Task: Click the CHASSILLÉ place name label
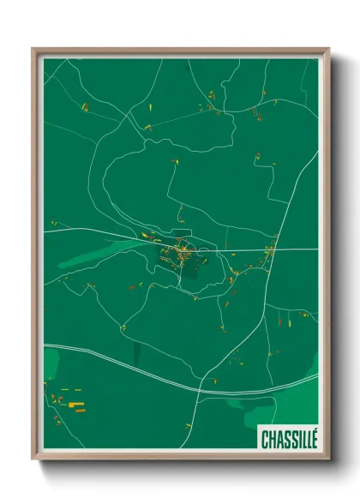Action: coord(288,438)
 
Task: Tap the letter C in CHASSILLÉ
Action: coord(264,438)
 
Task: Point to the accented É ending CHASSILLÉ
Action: coord(313,437)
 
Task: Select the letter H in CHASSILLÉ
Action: coord(270,438)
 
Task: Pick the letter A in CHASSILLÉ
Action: coord(277,438)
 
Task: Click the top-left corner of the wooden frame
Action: coord(35,51)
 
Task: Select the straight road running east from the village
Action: coord(274,250)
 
